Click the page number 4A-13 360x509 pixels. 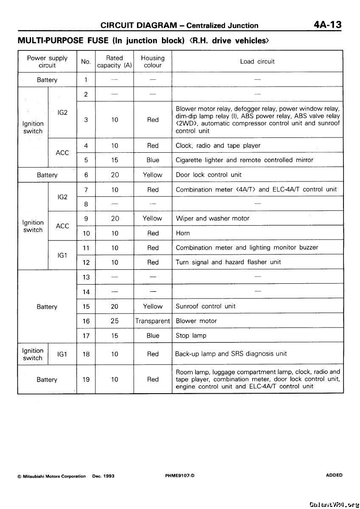click(x=327, y=25)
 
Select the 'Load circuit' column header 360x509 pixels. click(x=257, y=62)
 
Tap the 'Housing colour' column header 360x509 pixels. click(x=153, y=62)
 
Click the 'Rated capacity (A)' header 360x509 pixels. click(x=114, y=62)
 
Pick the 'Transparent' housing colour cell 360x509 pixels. click(x=153, y=321)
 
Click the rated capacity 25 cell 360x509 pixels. click(x=114, y=321)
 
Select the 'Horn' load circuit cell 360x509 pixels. click(x=183, y=233)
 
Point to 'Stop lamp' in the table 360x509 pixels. click(x=191, y=336)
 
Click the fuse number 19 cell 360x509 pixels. click(x=86, y=380)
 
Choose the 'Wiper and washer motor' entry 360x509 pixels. click(x=212, y=218)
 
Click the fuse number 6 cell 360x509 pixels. click(x=86, y=175)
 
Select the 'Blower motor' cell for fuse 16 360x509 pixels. click(x=196, y=321)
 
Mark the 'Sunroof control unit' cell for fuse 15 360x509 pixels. click(x=206, y=306)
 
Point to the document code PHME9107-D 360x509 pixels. click(x=180, y=475)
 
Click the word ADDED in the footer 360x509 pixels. click(x=334, y=475)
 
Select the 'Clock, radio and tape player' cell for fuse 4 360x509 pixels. click(x=218, y=145)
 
